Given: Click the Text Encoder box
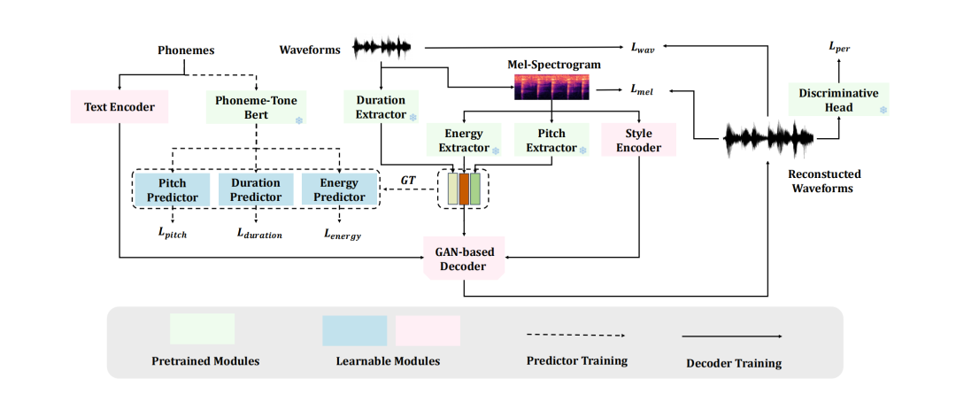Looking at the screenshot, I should pos(119,107).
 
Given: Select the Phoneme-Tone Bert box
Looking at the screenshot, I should pos(256,107).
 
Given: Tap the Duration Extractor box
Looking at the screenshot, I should pos(381,107).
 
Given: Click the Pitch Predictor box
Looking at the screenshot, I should pos(173,189).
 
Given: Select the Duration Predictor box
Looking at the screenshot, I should pos(256,189).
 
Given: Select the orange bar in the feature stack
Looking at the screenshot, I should pos(464,189).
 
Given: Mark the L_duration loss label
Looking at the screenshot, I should pos(258,234).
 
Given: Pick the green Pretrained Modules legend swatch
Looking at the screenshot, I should pos(202,328).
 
